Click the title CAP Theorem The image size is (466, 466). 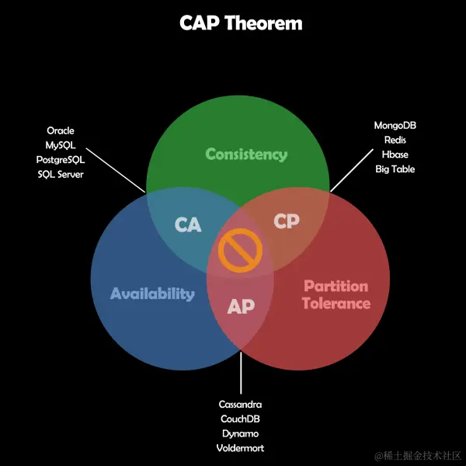(241, 23)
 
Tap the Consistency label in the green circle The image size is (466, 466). (246, 155)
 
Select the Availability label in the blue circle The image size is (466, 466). (152, 294)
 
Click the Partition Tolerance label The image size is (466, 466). (336, 294)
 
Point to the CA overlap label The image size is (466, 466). (188, 225)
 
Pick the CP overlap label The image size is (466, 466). (287, 221)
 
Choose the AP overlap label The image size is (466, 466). (241, 306)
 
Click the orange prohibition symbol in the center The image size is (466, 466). (240, 251)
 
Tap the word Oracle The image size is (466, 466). (61, 131)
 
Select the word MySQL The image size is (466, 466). (60, 145)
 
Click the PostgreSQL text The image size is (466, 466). (60, 159)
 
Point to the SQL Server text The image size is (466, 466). (60, 174)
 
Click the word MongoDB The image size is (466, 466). (395, 125)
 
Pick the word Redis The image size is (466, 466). (395, 140)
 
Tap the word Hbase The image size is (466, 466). (395, 155)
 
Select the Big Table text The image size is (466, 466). (395, 169)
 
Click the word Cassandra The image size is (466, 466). (240, 405)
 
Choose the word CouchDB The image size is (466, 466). (240, 419)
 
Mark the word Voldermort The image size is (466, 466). (240, 448)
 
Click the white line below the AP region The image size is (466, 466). (241, 373)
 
